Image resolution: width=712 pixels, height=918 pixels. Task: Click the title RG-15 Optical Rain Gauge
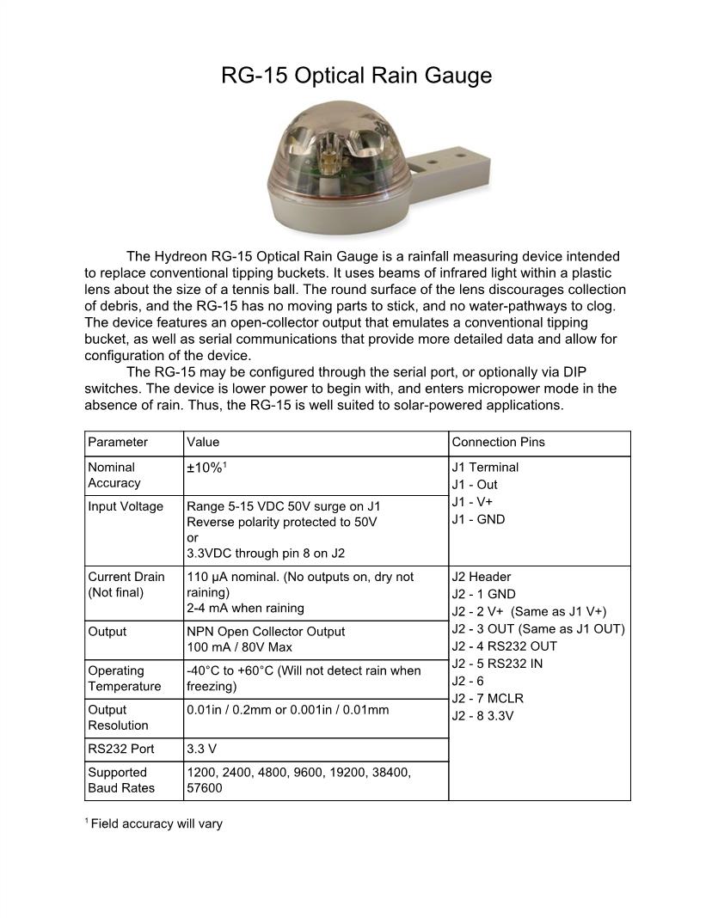pos(356,76)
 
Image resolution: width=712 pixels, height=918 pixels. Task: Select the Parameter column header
pos(118,443)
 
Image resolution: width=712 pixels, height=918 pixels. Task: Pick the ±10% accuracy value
pos(206,468)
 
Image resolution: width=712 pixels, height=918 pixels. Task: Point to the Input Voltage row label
pos(125,506)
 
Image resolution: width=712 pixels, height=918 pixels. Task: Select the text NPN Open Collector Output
pos(266,631)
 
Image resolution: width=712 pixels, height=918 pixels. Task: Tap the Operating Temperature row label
pos(124,678)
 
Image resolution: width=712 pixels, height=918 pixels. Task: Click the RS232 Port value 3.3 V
pos(202,749)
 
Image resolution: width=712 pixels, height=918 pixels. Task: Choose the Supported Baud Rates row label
pos(121,780)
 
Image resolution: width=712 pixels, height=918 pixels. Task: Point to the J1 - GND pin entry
pos(478,519)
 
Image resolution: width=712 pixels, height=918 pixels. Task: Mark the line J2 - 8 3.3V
pos(482,715)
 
